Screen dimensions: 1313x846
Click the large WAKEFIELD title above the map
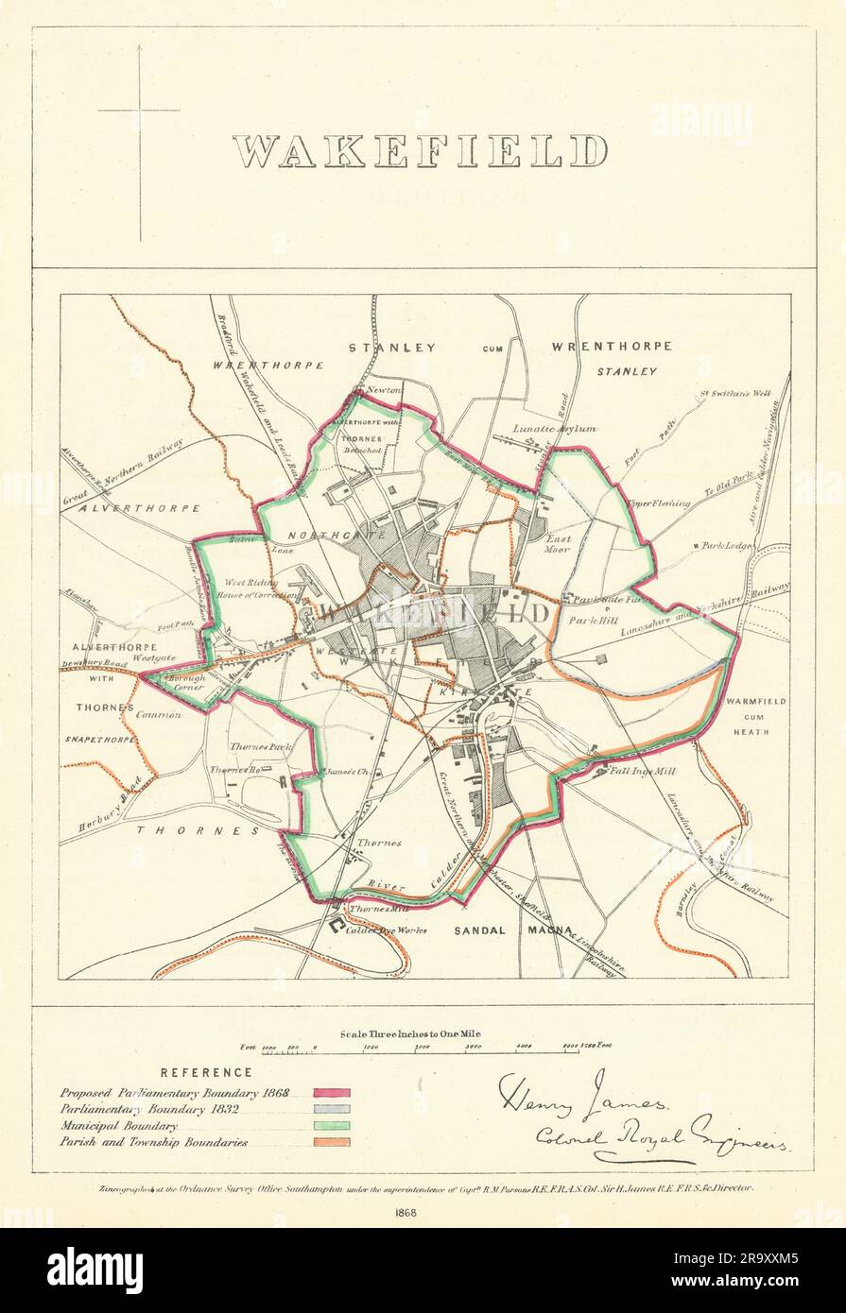[x=420, y=151]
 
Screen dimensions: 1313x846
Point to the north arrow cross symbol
[x=140, y=111]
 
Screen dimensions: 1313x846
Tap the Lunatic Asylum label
[x=554, y=429]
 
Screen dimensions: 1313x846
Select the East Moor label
[x=557, y=543]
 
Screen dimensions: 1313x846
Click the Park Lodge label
[x=729, y=546]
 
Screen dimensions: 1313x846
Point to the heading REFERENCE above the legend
[x=206, y=1072]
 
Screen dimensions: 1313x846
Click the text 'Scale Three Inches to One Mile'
[x=410, y=1034]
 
